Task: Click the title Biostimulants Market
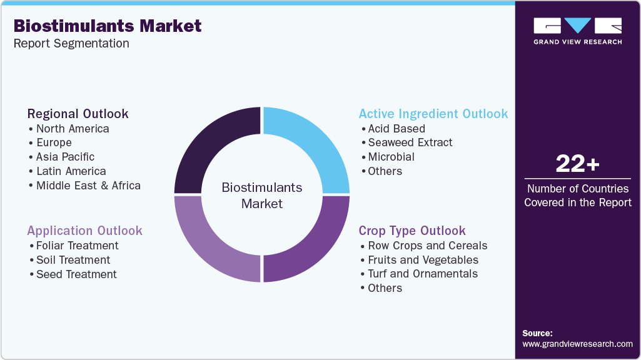click(x=108, y=26)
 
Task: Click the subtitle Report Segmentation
click(x=71, y=44)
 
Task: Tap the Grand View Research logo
click(x=577, y=31)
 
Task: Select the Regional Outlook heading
click(x=78, y=114)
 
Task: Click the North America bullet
click(x=73, y=129)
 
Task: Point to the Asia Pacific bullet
click(x=65, y=157)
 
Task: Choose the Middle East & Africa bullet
click(x=88, y=186)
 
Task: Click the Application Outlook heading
click(x=84, y=231)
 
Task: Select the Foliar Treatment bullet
click(x=77, y=246)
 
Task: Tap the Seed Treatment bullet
click(x=76, y=274)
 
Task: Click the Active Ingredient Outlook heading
click(x=433, y=114)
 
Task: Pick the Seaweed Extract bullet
click(x=410, y=142)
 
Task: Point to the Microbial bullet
click(x=391, y=157)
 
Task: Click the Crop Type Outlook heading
click(x=412, y=231)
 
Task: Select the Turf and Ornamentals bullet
click(x=423, y=274)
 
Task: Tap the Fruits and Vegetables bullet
click(x=423, y=260)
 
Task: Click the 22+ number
click(x=577, y=164)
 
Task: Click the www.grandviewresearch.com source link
click(x=577, y=344)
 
